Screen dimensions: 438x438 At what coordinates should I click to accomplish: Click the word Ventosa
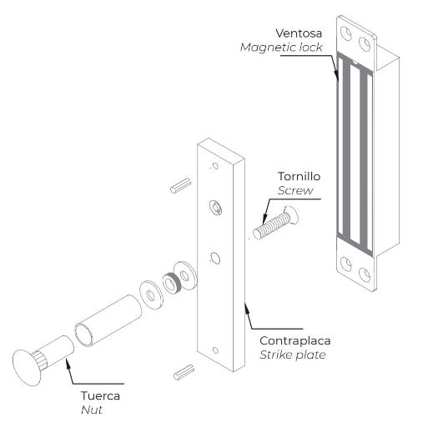coord(299,33)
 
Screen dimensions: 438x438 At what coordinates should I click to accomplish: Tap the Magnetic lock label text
coord(281,48)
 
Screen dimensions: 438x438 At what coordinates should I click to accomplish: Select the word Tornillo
coord(299,176)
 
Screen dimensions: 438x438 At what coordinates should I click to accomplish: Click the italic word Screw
coord(295,190)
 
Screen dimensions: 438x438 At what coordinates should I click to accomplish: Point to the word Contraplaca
coord(295,340)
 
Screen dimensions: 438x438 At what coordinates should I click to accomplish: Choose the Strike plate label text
coord(293,355)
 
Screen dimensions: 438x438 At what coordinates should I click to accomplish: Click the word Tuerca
coord(100,395)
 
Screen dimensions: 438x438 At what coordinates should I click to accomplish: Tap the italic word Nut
coord(92,410)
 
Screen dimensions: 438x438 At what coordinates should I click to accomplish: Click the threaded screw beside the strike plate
coord(275,223)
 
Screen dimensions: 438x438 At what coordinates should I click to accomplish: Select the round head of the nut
coord(27,368)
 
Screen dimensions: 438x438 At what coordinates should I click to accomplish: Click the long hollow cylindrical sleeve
coord(108,320)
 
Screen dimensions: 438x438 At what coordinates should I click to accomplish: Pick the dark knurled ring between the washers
coord(172,283)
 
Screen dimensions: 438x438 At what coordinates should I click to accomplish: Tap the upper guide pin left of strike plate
coord(181,185)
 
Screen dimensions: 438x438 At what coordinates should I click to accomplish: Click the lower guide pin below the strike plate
coord(184,372)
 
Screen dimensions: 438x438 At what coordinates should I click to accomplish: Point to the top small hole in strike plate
coord(215,166)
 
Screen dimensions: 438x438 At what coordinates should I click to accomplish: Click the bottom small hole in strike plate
coord(215,350)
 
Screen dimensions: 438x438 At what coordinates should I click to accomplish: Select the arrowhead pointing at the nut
coord(68,362)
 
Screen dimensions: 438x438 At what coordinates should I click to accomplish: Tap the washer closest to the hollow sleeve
coord(151,295)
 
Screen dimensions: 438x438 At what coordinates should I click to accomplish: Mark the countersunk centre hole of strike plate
coord(215,208)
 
